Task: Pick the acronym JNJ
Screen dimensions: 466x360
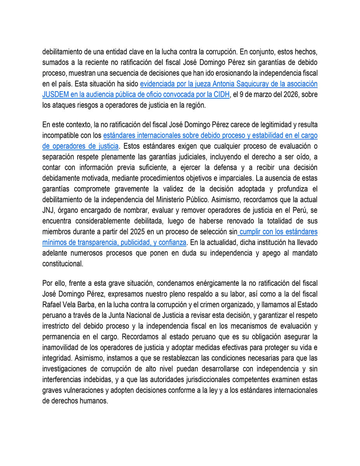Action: click(x=49, y=210)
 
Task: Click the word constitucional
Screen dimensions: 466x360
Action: click(x=62, y=263)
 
